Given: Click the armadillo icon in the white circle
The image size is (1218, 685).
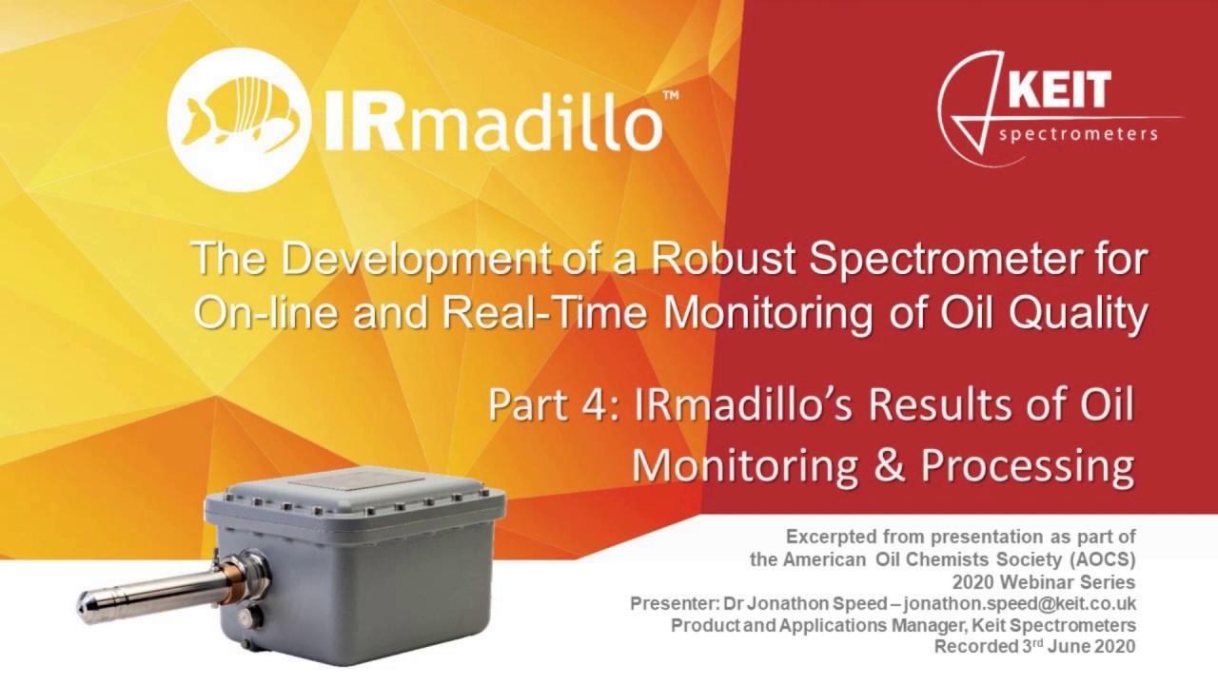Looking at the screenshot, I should pos(239,117).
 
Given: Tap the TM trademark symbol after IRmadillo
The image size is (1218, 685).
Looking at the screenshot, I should pos(670,96).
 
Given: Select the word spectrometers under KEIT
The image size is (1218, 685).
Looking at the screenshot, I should pos(1078,134).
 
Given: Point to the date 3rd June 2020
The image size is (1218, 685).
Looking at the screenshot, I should pos(1072,646).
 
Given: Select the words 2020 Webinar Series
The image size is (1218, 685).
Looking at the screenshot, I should pos(1044,581).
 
